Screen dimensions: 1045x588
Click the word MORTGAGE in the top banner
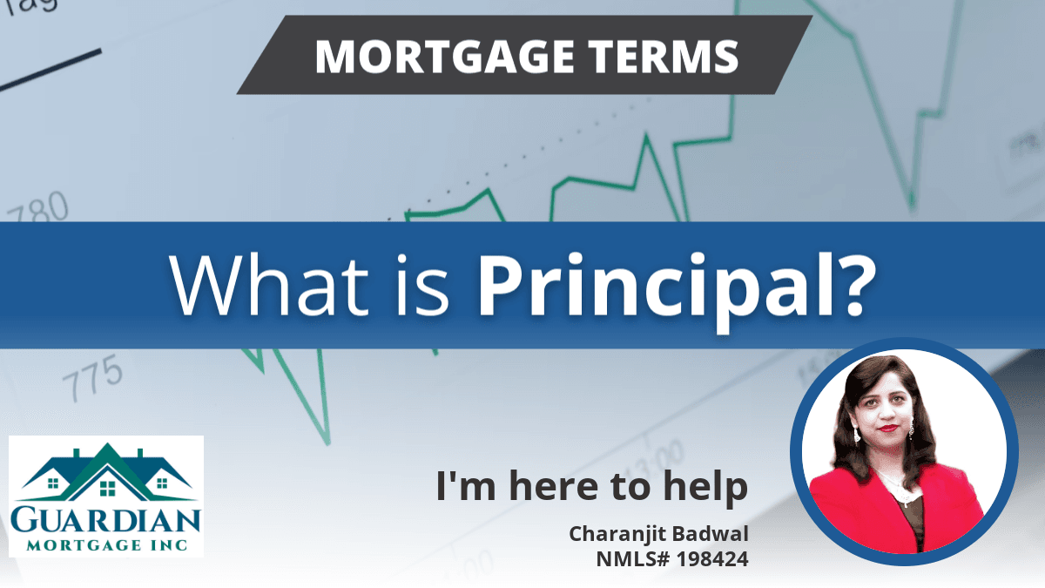coord(444,57)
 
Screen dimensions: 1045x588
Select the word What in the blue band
coord(269,285)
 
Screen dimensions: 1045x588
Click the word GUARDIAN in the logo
coord(106,521)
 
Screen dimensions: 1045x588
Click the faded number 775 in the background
coord(92,377)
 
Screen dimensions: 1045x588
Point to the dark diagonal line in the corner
coord(51,70)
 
